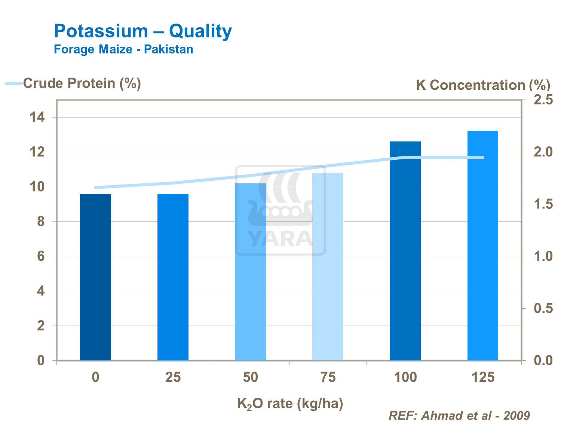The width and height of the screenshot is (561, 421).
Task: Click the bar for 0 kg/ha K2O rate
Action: click(95, 277)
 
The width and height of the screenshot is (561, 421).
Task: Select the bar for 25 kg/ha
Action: click(173, 277)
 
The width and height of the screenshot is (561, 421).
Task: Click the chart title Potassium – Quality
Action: click(143, 31)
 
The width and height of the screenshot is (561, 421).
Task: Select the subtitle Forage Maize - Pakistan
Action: click(123, 49)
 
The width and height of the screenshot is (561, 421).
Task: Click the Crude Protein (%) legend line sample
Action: click(14, 83)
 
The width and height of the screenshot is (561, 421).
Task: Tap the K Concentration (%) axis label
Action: click(483, 85)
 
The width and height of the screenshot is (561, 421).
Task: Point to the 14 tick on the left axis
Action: click(37, 118)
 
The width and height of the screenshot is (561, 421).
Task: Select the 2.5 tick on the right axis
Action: click(543, 100)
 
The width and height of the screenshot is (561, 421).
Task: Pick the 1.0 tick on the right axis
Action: click(543, 256)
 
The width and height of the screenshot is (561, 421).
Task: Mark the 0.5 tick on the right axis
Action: click(543, 308)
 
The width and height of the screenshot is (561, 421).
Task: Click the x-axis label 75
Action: click(328, 377)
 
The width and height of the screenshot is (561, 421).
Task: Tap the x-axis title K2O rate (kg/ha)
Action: click(290, 404)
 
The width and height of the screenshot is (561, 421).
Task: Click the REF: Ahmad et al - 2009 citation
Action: click(459, 415)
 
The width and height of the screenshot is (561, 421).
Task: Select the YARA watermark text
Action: click(280, 239)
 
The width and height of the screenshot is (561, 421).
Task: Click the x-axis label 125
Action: click(483, 377)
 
